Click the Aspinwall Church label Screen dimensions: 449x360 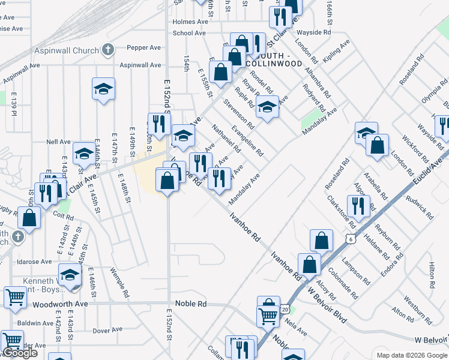(x=68, y=50)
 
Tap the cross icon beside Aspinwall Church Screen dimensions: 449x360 (x=107, y=49)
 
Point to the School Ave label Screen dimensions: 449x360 (x=190, y=34)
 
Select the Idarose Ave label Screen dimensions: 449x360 (x=34, y=262)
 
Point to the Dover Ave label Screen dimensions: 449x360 (x=107, y=330)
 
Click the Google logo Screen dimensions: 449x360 (x=20, y=353)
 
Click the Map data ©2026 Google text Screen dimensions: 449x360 (x=411, y=355)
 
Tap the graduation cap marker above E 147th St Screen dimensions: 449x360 (x=103, y=89)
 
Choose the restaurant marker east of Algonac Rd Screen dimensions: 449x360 (x=359, y=206)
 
